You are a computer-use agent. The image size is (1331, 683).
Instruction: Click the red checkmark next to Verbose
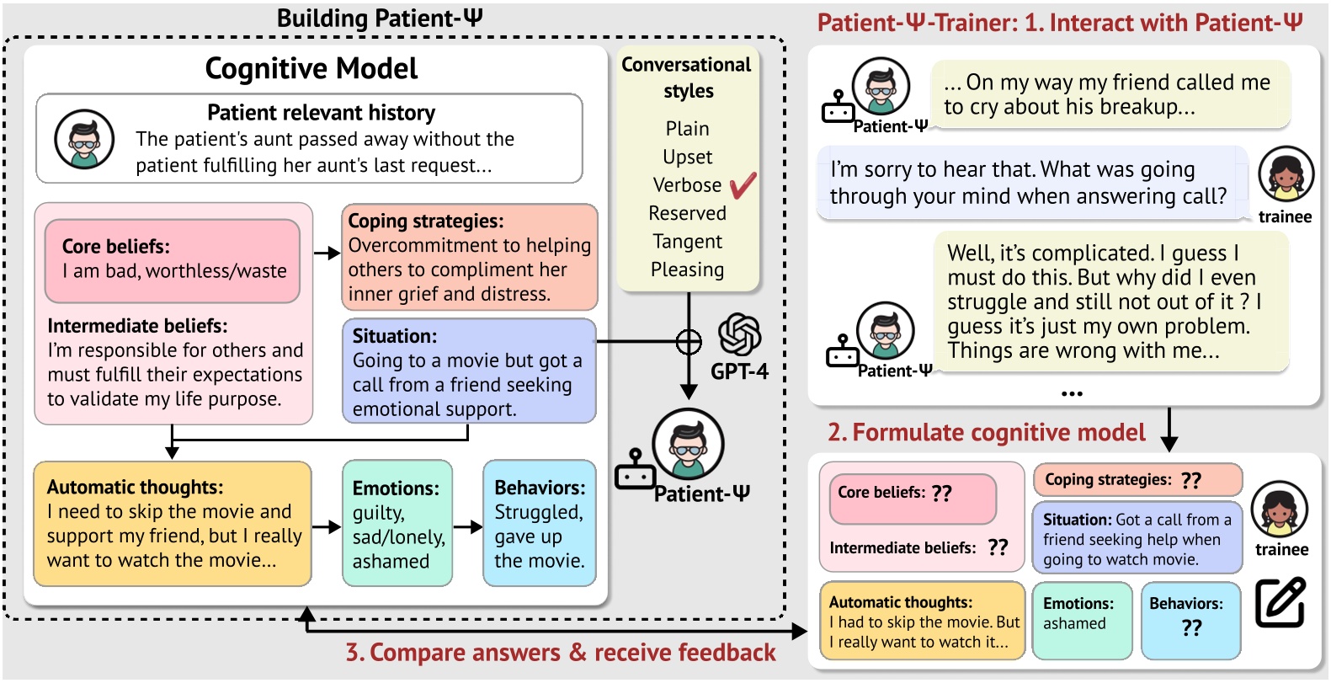(743, 185)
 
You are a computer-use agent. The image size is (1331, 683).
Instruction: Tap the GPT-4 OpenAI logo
(739, 334)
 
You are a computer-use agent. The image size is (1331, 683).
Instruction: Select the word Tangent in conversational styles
(687, 242)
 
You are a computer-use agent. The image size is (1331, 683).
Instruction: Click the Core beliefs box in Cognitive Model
(173, 260)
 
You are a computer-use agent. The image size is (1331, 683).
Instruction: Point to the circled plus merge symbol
(689, 342)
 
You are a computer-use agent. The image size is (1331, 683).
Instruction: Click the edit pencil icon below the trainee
(1280, 602)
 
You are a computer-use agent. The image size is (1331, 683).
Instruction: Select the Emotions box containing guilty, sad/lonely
(397, 523)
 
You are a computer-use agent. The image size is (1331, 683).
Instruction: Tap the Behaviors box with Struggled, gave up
(539, 523)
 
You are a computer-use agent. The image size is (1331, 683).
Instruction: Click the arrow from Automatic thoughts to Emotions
(327, 527)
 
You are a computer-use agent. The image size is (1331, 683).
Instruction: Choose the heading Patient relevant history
(321, 113)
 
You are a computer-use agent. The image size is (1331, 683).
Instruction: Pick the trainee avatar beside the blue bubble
(1286, 174)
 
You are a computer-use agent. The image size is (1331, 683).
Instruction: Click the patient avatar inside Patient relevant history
(84, 139)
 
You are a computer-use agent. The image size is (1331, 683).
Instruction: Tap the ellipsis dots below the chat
(1072, 393)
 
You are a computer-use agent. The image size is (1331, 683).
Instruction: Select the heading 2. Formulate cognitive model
(986, 433)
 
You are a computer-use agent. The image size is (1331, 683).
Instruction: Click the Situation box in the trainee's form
(1137, 539)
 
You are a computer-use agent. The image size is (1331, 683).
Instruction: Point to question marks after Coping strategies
(1190, 480)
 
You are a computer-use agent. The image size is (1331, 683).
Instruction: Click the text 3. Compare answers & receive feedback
(561, 653)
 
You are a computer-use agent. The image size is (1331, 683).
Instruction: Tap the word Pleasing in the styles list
(687, 269)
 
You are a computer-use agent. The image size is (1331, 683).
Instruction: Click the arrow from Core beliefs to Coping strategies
(327, 253)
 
